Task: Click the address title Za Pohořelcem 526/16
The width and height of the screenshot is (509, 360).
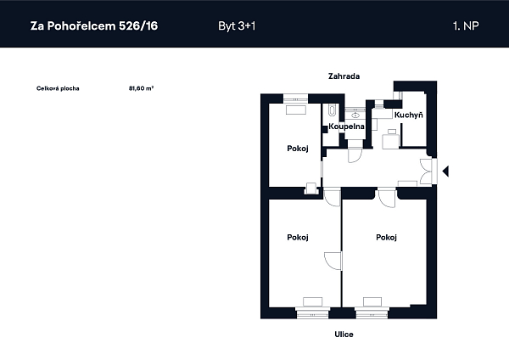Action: pos(94,25)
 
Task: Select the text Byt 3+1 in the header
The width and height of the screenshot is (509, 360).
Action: pos(237,26)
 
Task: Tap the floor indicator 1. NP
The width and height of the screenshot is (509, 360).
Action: pos(466,25)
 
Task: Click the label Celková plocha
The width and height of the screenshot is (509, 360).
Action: pos(58,88)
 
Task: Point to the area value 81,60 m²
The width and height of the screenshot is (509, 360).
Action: pos(141,88)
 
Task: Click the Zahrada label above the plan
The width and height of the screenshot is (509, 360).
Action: pos(344,76)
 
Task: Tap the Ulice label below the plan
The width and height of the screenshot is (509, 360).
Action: pos(344,335)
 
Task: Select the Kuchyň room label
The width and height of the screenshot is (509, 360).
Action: pos(409,115)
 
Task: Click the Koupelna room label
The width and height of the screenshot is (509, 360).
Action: pos(346,126)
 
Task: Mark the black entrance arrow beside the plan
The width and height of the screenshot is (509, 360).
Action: pos(445,171)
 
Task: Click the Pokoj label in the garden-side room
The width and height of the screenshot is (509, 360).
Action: pos(298,149)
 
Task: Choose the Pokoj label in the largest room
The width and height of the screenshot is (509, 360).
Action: pos(386,238)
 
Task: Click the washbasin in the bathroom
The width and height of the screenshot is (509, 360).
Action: pos(355,115)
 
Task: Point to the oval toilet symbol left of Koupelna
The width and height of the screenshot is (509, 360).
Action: pos(332,110)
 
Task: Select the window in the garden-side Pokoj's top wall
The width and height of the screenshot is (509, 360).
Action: pos(296,98)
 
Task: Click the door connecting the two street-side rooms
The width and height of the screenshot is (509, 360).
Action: pos(333,261)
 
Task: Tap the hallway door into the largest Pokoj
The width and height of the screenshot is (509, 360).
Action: pos(387,198)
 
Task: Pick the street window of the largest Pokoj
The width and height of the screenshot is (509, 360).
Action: pos(372,312)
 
